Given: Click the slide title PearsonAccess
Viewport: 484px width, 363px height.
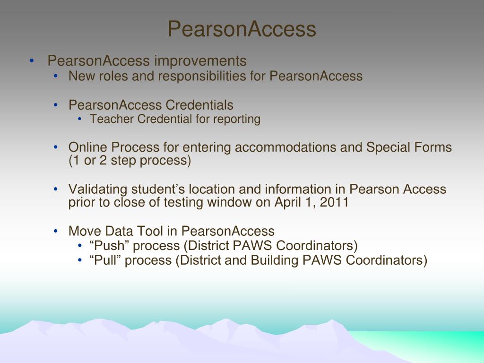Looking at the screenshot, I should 242,29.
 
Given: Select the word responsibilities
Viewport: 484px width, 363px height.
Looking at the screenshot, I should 208,76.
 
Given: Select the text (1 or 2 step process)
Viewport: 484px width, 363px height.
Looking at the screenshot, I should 130,161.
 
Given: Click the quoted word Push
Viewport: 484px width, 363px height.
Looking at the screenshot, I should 105,246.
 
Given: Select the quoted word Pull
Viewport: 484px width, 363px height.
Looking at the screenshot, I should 103,260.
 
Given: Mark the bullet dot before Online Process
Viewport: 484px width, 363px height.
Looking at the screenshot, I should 56,147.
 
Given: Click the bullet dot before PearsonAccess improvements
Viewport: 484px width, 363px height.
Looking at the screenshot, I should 31,61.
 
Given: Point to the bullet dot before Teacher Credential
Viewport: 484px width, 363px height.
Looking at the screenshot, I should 80,119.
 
